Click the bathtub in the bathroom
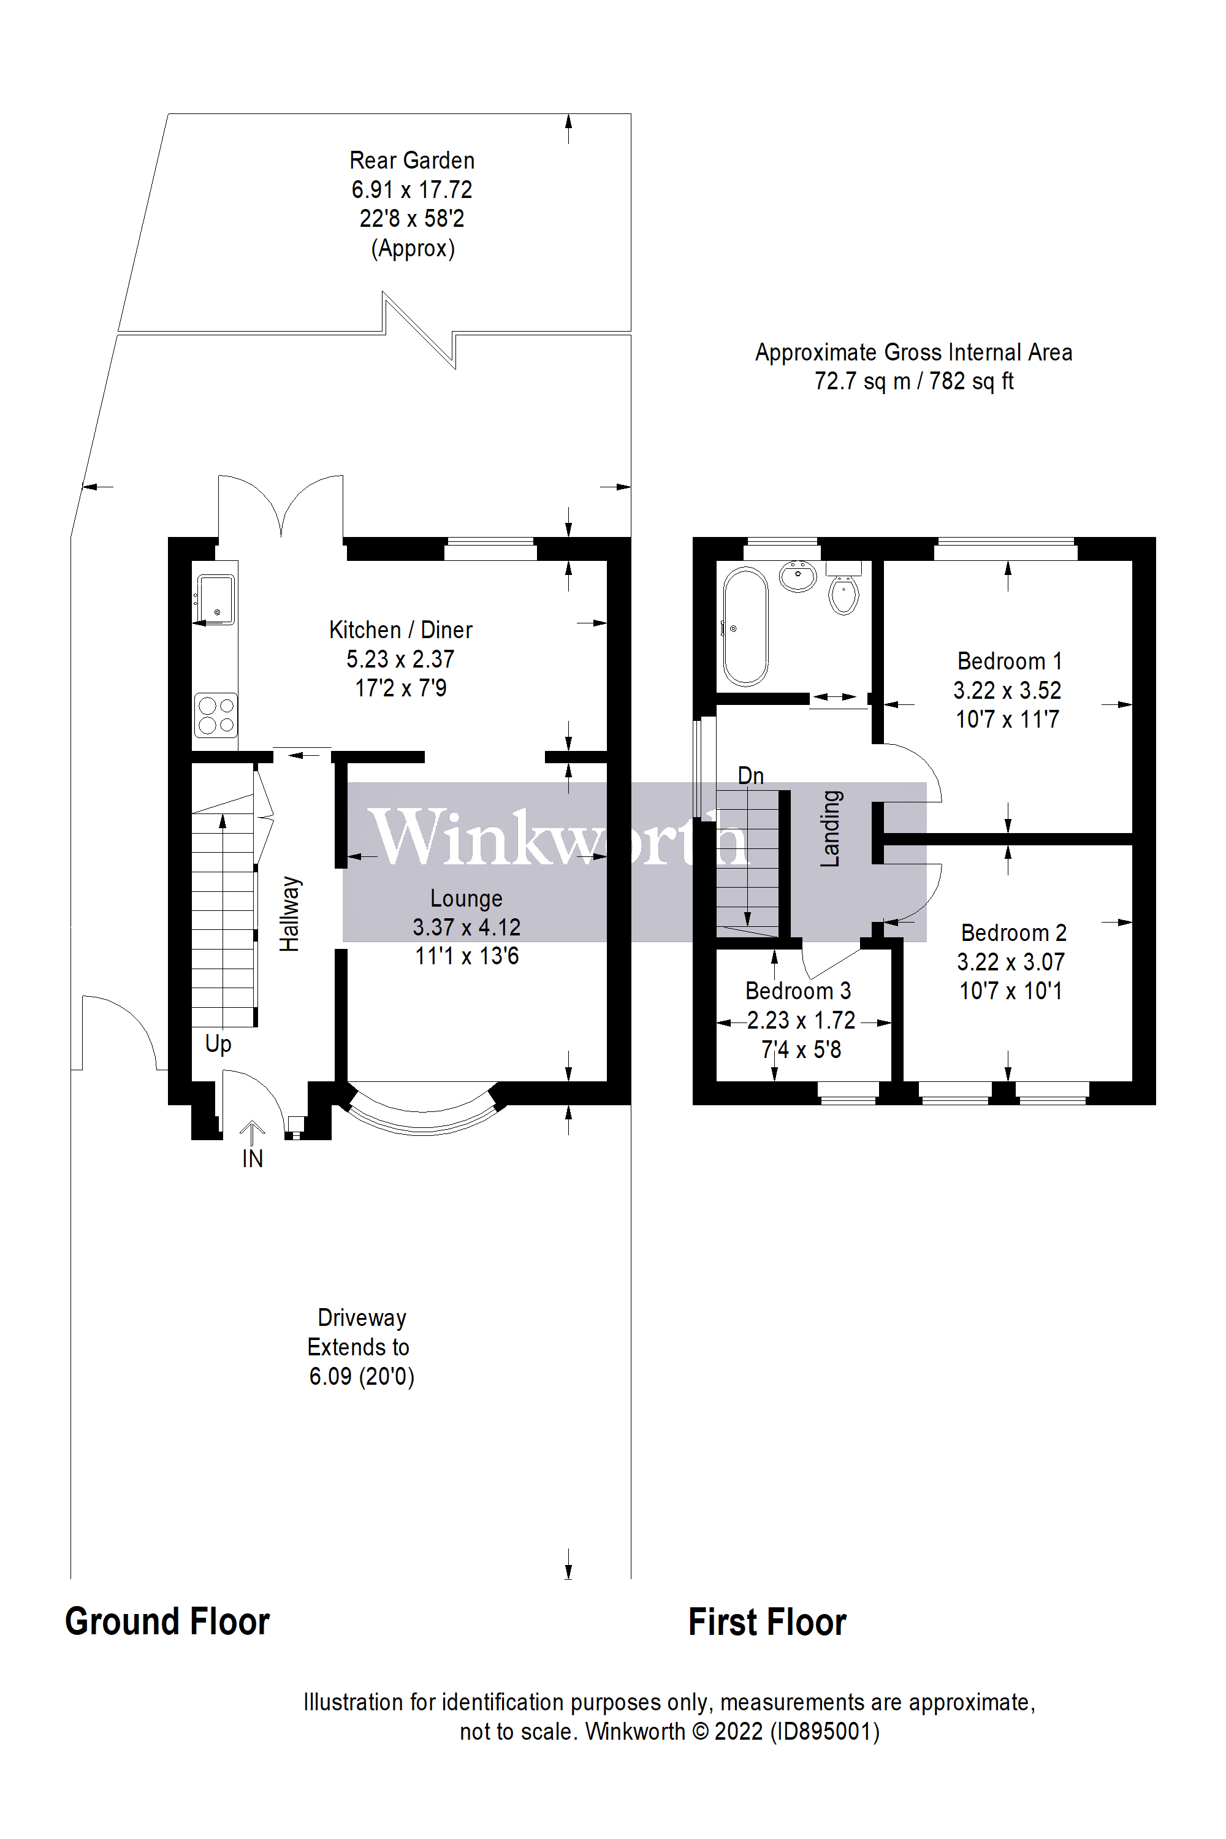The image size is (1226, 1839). pyautogui.click(x=745, y=626)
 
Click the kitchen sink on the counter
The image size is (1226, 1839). pyautogui.click(x=214, y=599)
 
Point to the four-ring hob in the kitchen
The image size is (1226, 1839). pyautogui.click(x=216, y=715)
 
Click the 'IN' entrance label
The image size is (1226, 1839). pyautogui.click(x=252, y=1159)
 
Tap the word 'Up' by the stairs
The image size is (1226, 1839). pyautogui.click(x=218, y=1044)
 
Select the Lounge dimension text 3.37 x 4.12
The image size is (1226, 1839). pyautogui.click(x=466, y=927)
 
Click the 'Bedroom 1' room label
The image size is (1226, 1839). pyautogui.click(x=1008, y=661)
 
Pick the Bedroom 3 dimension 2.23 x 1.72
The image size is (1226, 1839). pyautogui.click(x=801, y=1021)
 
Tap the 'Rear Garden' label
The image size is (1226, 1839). pyautogui.click(x=412, y=160)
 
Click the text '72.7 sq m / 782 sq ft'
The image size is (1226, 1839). pyautogui.click(x=913, y=381)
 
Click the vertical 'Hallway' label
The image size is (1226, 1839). pyautogui.click(x=290, y=913)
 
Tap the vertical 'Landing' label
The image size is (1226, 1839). pyautogui.click(x=831, y=828)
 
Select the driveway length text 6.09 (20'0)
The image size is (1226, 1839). pyautogui.click(x=361, y=1376)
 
